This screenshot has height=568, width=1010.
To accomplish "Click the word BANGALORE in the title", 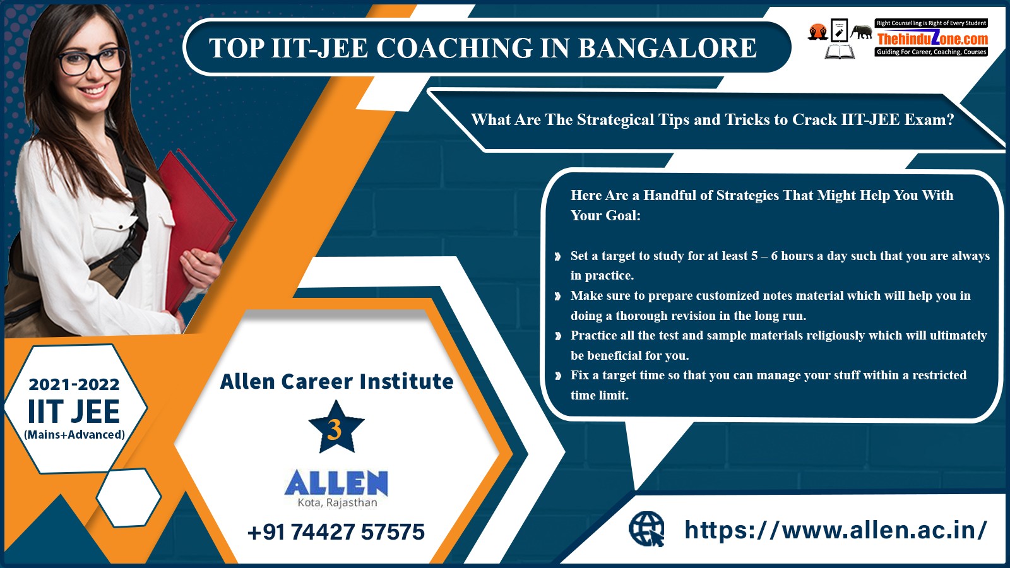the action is click(667, 48).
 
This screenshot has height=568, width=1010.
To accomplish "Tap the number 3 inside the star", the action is click(335, 430).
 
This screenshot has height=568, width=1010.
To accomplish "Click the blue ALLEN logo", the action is click(336, 483).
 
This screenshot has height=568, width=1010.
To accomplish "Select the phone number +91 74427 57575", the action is click(336, 532).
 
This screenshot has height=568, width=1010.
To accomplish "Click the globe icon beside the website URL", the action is click(646, 529).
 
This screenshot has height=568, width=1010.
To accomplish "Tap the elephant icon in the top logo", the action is click(861, 32).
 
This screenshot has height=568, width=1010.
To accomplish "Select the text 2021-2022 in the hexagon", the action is click(74, 384).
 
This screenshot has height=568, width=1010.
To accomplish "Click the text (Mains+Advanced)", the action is click(74, 435).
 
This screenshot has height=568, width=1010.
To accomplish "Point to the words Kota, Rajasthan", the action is click(337, 502).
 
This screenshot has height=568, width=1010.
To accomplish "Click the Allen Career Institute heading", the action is click(336, 381).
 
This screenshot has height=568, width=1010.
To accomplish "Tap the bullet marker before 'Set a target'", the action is click(558, 256).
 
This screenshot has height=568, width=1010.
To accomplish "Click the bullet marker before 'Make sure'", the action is click(558, 296).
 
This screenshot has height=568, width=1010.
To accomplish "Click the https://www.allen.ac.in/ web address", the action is click(836, 530).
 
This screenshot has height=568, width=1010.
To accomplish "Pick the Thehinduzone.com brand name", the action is click(932, 38).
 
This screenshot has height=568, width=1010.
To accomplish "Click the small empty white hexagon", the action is click(129, 497).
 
